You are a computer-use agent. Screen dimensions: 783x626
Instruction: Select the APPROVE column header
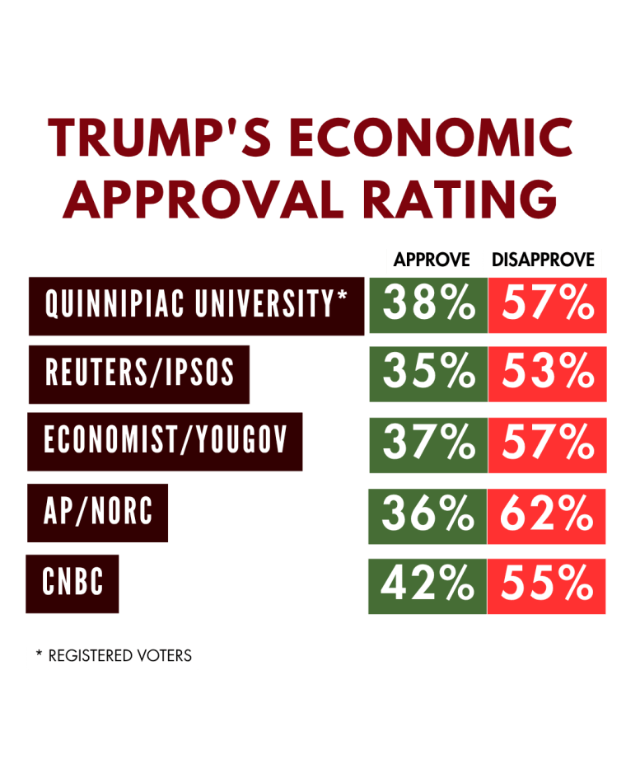[432, 260]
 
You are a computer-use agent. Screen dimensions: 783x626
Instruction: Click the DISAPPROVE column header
[543, 260]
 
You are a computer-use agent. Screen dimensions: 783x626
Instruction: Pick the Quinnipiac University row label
[196, 306]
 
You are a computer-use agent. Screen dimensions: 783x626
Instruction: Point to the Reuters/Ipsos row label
[139, 374]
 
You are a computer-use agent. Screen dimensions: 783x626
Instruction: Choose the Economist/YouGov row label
[166, 441]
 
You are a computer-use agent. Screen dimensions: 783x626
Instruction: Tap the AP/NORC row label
[98, 512]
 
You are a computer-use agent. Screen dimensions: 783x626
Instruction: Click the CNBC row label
[72, 584]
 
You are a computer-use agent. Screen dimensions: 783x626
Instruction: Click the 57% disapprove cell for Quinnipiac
[548, 305]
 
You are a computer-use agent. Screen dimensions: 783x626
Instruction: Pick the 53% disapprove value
[548, 373]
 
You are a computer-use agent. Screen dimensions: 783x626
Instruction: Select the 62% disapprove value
[548, 516]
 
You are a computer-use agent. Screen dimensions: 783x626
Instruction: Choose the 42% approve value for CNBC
[427, 585]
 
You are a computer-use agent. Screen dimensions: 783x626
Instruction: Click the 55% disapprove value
[548, 585]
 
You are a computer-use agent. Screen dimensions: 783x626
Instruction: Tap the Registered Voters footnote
[114, 656]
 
